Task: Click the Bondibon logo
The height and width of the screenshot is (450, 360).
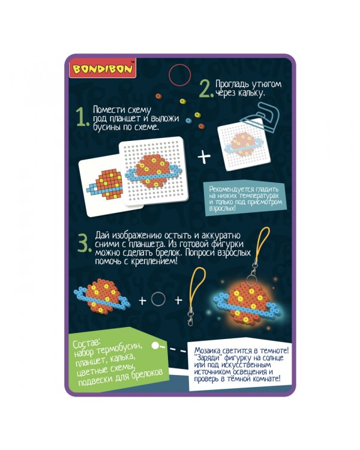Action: point(103,68)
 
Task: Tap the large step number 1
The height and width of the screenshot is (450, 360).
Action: point(82,118)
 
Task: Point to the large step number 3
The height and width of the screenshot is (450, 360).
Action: point(85,244)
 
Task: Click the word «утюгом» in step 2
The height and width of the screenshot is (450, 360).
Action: point(266,85)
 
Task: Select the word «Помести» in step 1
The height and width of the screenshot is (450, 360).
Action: point(107,109)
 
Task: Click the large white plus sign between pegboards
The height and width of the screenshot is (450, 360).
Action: point(204,157)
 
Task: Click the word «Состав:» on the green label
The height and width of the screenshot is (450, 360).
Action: point(86,344)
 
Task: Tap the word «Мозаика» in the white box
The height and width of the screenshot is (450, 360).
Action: point(209,350)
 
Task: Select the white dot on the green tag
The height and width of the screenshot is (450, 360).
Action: point(155,346)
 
